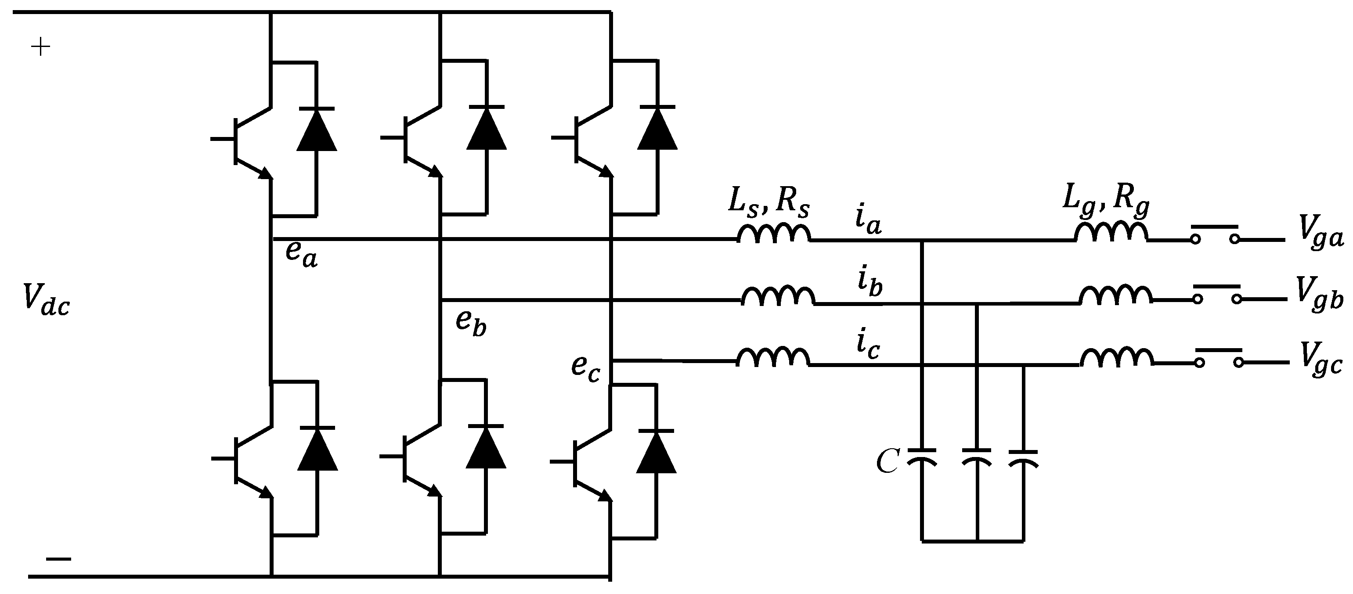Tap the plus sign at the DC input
(x=40, y=48)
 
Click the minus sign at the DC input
(x=58, y=559)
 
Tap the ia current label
(x=868, y=220)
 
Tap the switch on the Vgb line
(x=1217, y=294)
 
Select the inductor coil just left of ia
(x=773, y=234)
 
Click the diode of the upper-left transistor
(x=316, y=130)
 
